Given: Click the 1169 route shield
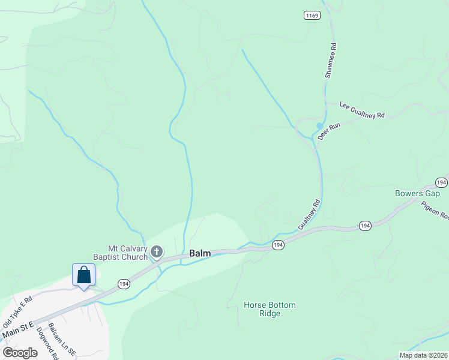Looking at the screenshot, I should [311, 15].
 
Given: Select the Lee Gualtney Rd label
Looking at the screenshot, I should [362, 110].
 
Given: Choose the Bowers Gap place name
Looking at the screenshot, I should [417, 193].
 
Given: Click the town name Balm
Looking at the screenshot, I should [200, 254].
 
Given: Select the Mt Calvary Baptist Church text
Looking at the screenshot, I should [119, 253].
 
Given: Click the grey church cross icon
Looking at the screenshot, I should [156, 251].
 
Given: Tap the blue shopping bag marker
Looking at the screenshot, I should [84, 275].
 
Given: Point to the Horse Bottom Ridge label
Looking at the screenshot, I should [270, 309].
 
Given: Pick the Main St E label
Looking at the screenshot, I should [18, 329].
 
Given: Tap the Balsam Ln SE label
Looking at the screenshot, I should [62, 340].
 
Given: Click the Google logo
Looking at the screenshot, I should [20, 353].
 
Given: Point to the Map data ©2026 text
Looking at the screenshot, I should [423, 355].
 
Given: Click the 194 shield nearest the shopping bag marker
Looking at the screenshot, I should [123, 284].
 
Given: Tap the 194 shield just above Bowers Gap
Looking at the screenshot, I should [441, 182].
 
